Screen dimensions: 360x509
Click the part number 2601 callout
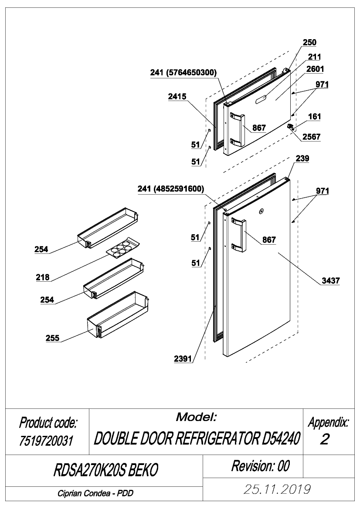click(x=315, y=69)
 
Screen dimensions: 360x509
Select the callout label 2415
click(x=177, y=96)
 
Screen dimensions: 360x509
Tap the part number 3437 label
click(x=331, y=280)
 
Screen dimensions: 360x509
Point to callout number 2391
click(x=183, y=359)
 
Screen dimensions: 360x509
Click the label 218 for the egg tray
click(x=43, y=277)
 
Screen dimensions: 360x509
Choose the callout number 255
click(x=52, y=338)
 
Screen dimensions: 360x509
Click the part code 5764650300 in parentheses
click(x=191, y=72)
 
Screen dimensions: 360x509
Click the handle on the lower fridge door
click(x=238, y=235)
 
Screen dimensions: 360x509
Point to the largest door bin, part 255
click(x=117, y=314)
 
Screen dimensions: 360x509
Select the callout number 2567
click(x=311, y=137)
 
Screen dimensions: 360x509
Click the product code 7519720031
click(x=46, y=441)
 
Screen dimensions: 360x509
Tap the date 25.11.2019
click(x=277, y=489)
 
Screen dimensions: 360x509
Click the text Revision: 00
click(x=260, y=466)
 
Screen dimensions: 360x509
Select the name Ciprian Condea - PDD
click(x=95, y=493)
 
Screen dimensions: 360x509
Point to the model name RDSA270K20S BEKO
click(x=106, y=470)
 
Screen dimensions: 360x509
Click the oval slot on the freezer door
click(x=263, y=99)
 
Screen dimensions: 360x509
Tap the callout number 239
click(x=302, y=158)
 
